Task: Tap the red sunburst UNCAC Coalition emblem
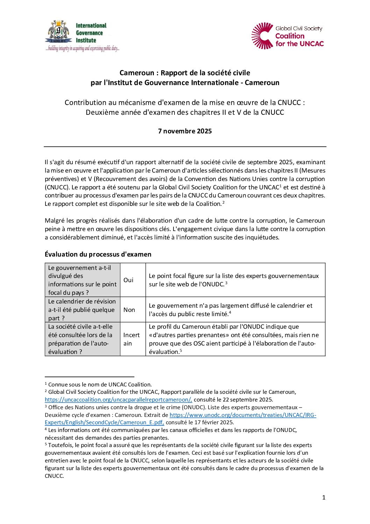(x=262, y=36)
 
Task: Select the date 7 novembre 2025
(x=185, y=131)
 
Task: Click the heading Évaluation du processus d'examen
(x=98, y=254)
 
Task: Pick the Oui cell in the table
(x=128, y=280)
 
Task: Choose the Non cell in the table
(x=129, y=310)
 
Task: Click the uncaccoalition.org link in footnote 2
(x=118, y=400)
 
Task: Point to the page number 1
(x=323, y=497)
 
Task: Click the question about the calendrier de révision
(x=82, y=310)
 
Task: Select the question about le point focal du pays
(x=82, y=280)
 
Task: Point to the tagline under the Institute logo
(x=83, y=49)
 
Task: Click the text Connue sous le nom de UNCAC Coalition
(x=100, y=384)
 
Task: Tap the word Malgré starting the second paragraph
(x=55, y=221)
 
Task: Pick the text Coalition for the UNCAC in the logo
(x=299, y=40)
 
